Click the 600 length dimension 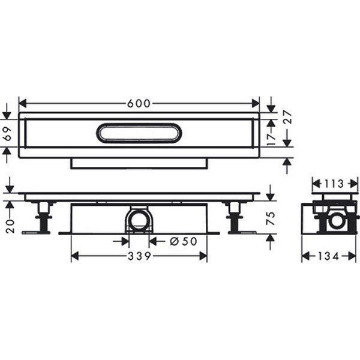[x=139, y=104]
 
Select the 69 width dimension [x=8, y=133]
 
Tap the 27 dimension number [x=287, y=118]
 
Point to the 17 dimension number [x=272, y=139]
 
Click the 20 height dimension [x=10, y=226]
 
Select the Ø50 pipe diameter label [x=184, y=241]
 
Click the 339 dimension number [x=139, y=256]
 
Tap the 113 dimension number [x=334, y=184]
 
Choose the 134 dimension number [x=329, y=256]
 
